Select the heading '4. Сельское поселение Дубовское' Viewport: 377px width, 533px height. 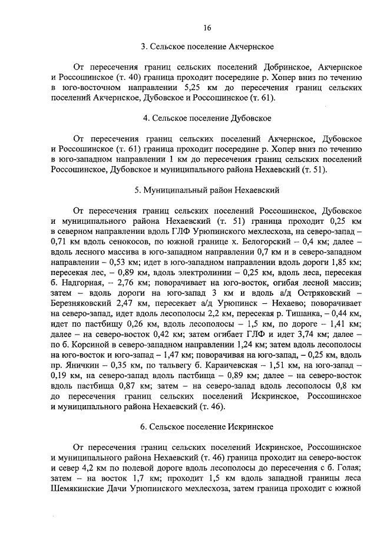coord(206,118)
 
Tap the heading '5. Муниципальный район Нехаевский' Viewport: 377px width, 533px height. coord(206,191)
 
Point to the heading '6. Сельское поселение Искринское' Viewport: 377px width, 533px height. coord(206,426)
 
